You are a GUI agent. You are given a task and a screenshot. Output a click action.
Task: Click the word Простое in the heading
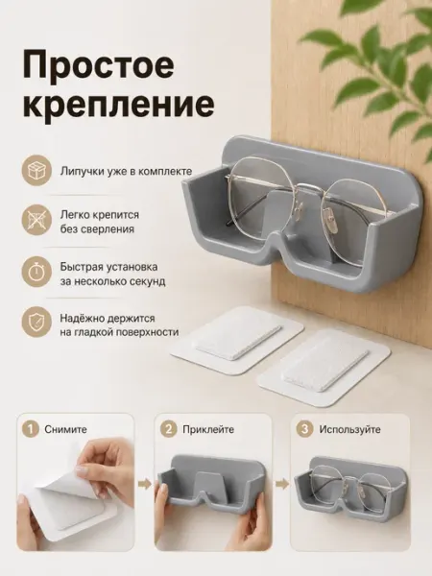99,67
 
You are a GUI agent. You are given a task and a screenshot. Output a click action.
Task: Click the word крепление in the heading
119,104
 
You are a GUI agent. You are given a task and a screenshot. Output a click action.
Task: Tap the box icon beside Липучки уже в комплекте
36,171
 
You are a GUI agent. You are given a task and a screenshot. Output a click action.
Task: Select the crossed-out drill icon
36,222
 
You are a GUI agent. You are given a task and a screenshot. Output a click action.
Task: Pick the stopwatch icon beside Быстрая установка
36,274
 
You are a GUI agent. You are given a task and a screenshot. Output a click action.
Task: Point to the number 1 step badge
30,429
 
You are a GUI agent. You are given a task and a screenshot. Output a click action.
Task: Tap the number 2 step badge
169,429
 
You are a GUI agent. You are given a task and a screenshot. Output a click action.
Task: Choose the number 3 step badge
305,429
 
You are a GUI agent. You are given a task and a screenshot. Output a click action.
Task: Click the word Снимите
65,429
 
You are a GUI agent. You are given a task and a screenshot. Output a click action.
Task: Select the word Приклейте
208,429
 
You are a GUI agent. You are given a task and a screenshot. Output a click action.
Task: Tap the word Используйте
349,429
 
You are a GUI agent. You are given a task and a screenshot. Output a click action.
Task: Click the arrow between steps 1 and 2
144,484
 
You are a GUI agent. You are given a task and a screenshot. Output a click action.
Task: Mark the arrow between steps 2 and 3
282,484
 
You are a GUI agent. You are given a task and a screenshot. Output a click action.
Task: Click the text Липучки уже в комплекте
126,172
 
